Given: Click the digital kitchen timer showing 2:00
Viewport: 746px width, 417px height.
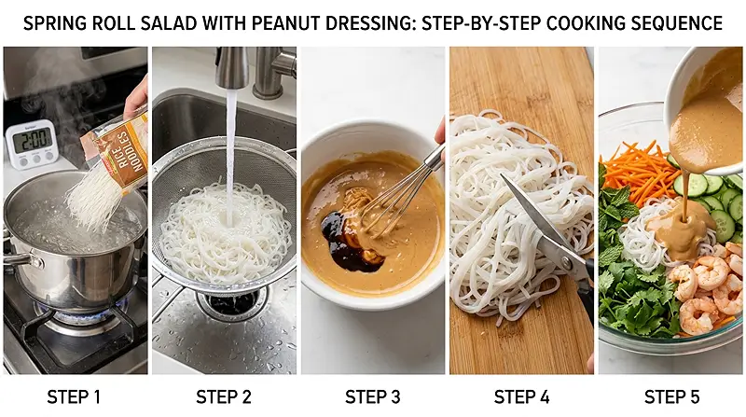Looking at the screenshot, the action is coord(32,145).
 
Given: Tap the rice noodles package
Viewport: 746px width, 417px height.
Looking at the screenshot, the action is coord(116,151).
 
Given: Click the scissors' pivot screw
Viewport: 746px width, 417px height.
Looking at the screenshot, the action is coord(567,261).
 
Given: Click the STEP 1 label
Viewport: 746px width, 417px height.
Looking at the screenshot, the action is coord(74,397).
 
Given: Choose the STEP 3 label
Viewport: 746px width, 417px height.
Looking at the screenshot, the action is coord(372,397).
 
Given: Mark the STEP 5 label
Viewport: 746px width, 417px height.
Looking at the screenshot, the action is coord(671,397).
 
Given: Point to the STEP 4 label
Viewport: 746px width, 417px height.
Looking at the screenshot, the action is coord(522,397).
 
